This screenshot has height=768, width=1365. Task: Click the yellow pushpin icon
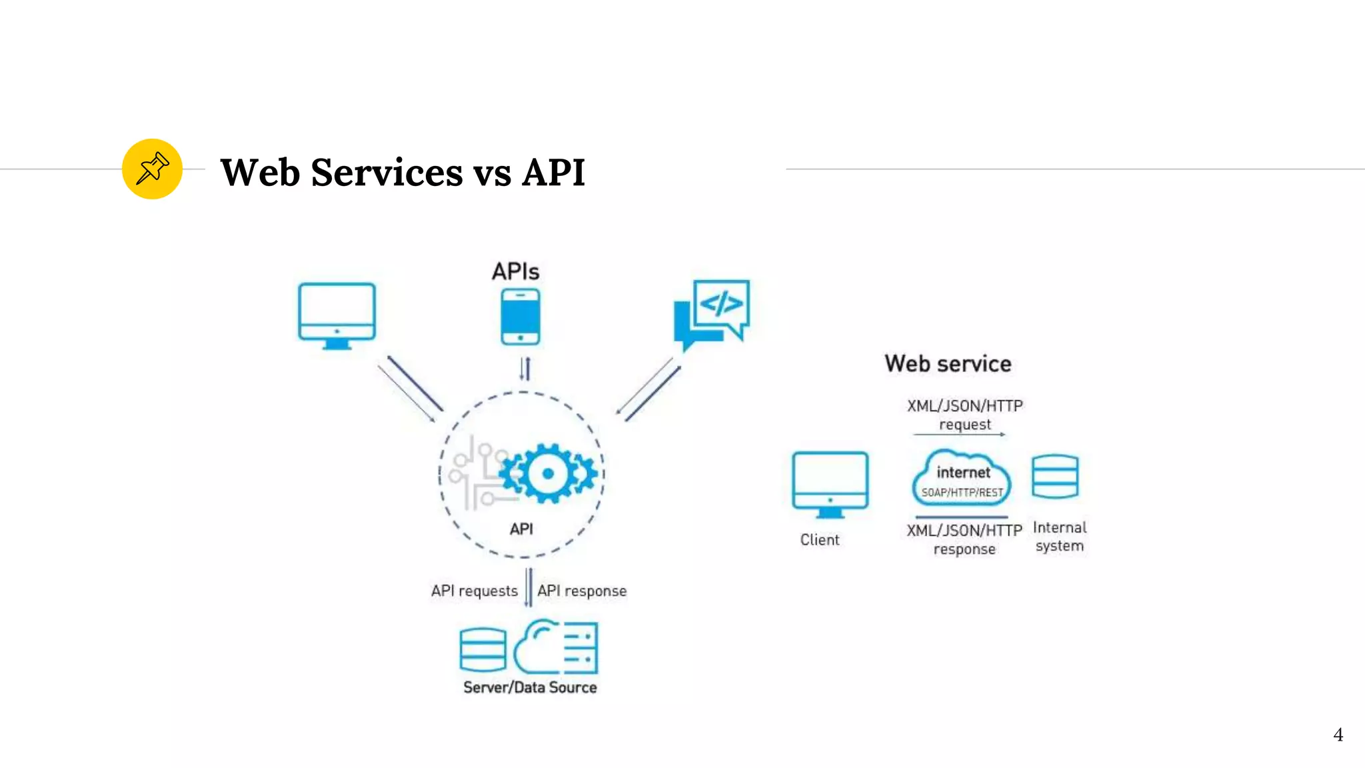(x=152, y=169)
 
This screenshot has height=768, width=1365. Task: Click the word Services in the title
(x=387, y=173)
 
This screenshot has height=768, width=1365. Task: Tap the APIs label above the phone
(x=515, y=271)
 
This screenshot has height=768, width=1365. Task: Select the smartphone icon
(x=521, y=317)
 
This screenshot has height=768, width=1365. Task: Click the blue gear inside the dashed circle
(x=548, y=473)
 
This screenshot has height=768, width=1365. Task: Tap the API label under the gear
(x=521, y=529)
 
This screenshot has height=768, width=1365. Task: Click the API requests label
(x=474, y=591)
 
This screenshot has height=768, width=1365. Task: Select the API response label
(x=582, y=591)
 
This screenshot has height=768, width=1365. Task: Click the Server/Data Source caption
(x=530, y=687)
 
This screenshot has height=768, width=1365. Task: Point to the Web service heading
(x=948, y=363)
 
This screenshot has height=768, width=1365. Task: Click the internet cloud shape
(x=962, y=477)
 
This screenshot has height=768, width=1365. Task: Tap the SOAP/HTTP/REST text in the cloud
(x=962, y=493)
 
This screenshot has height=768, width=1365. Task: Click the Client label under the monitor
(x=820, y=539)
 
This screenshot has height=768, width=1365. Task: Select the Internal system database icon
(x=1055, y=477)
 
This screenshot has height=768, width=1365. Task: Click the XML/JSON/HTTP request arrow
(x=959, y=434)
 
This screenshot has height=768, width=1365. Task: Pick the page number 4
(x=1338, y=735)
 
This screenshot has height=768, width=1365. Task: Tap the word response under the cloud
(x=964, y=549)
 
